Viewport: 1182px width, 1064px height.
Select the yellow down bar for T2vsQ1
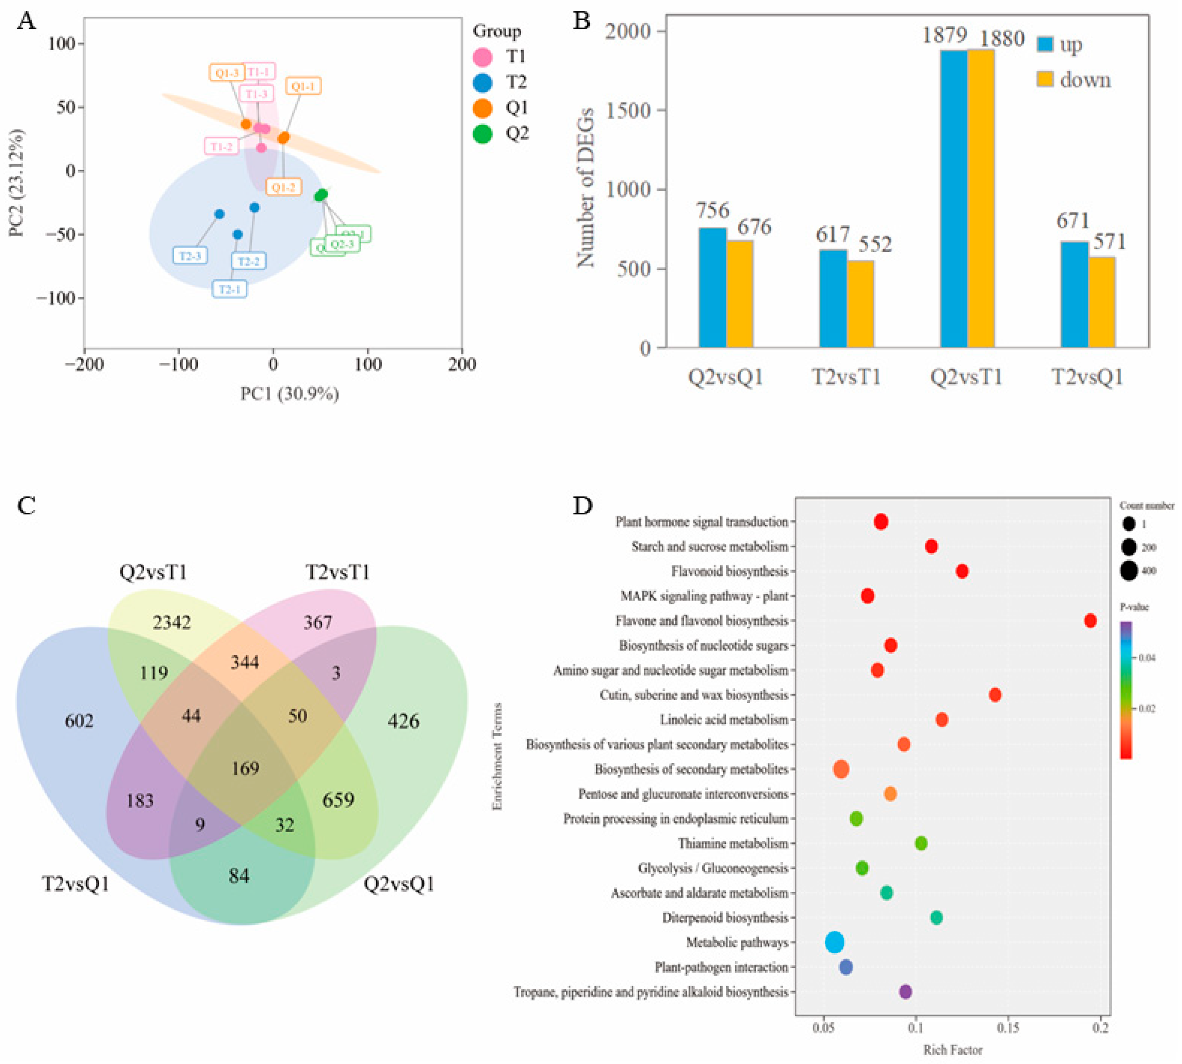pyautogui.click(x=1101, y=302)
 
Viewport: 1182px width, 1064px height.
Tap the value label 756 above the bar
pyautogui.click(x=712, y=211)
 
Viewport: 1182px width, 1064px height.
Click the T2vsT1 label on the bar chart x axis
pyautogui.click(x=846, y=377)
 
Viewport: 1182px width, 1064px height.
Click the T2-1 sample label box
pyautogui.click(x=229, y=289)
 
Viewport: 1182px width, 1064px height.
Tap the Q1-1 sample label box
pyautogui.click(x=303, y=86)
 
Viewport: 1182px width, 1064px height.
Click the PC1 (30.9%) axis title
pyautogui.click(x=290, y=394)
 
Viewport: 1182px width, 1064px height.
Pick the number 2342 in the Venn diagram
pyautogui.click(x=171, y=622)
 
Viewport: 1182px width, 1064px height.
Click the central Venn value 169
pyautogui.click(x=245, y=768)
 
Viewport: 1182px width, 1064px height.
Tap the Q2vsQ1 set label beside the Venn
pyautogui.click(x=399, y=883)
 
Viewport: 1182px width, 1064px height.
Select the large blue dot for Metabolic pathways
pyautogui.click(x=834, y=942)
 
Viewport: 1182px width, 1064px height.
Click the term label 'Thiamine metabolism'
pyautogui.click(x=732, y=843)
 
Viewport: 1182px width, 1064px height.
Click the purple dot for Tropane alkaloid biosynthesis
pyautogui.click(x=905, y=991)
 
